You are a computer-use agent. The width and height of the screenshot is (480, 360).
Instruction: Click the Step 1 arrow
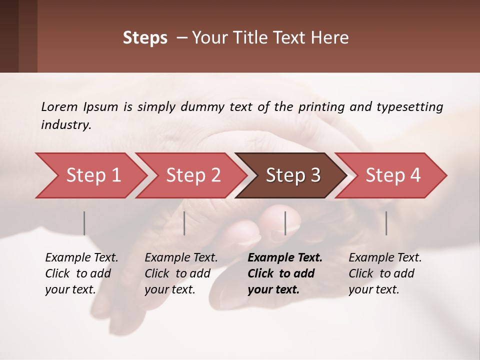click(93, 175)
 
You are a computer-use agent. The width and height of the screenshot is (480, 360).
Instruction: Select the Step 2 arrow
click(193, 175)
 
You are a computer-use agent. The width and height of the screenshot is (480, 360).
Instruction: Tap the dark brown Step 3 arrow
click(292, 175)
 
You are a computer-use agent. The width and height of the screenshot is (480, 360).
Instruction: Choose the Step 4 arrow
click(392, 175)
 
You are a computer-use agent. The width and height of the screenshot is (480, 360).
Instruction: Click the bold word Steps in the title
click(145, 38)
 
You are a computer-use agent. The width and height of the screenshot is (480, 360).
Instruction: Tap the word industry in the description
click(65, 125)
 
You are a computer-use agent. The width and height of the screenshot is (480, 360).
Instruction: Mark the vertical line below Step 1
click(84, 223)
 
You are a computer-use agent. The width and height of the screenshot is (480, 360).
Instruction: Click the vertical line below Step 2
click(184, 223)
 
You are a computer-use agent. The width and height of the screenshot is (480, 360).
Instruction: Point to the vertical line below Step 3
click(285, 223)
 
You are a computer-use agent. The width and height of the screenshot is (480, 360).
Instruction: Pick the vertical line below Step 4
click(386, 223)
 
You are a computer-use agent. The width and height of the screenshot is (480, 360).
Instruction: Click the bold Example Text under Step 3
click(285, 258)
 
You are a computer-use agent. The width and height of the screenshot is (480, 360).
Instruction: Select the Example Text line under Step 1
click(81, 258)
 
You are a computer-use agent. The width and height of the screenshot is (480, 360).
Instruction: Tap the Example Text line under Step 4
click(385, 258)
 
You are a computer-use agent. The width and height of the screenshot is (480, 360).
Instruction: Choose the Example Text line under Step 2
click(181, 258)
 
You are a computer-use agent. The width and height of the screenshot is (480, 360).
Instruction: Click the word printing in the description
click(319, 106)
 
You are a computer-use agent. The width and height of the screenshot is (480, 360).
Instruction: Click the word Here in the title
click(330, 38)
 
